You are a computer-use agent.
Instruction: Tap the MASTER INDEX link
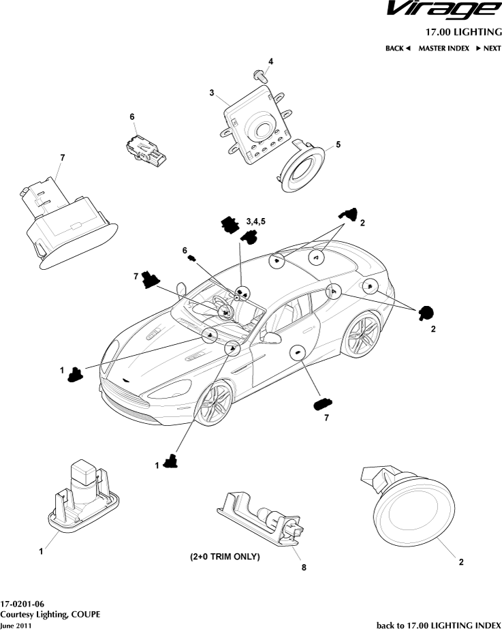tap(443, 48)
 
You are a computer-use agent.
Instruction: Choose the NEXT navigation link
tap(488, 48)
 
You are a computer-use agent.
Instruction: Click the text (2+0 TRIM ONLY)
tap(225, 557)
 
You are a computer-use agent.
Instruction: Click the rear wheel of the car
tap(360, 335)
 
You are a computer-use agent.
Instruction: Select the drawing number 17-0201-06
tap(22, 604)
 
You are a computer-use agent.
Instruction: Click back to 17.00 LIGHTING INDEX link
tap(439, 625)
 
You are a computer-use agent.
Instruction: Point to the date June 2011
tap(15, 625)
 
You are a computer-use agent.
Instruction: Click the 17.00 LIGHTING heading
tap(463, 32)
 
